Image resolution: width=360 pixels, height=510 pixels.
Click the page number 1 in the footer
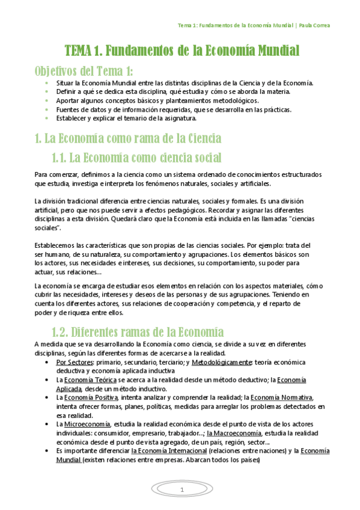(181, 491)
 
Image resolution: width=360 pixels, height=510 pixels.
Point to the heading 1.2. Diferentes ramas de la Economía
(138, 332)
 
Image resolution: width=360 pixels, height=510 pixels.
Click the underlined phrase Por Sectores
(75, 363)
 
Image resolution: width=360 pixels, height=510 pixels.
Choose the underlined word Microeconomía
(83, 424)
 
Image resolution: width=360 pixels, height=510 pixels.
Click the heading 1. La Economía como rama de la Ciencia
(128, 138)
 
